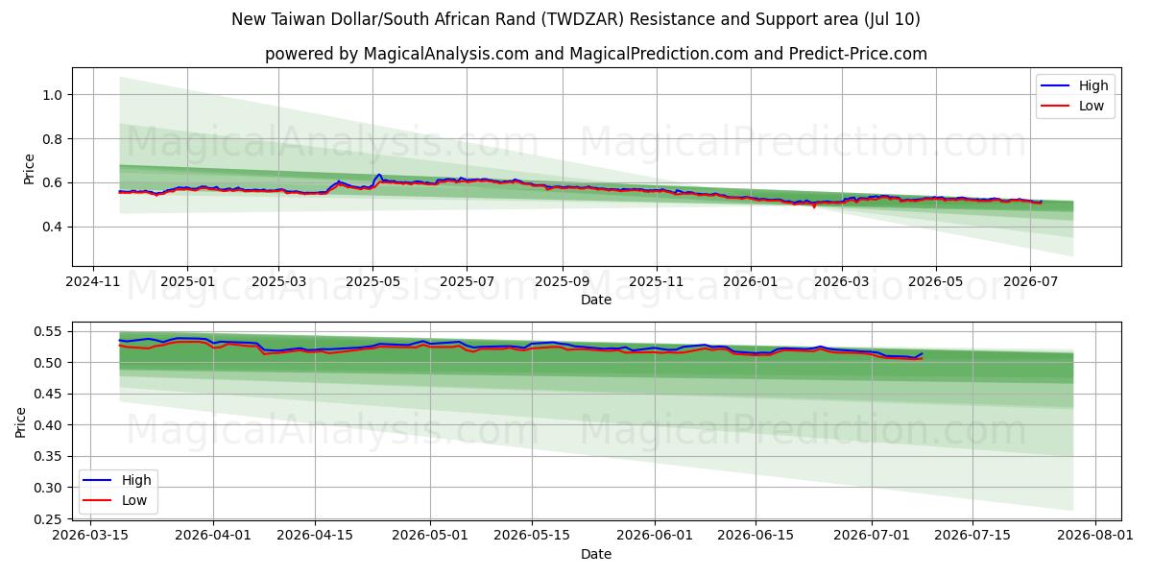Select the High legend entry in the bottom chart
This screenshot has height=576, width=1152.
(117, 480)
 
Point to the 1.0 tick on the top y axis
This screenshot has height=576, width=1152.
(52, 95)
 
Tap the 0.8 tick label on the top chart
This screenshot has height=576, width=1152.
(52, 139)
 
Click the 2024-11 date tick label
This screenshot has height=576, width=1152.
(93, 282)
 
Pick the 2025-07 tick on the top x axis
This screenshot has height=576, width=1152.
(467, 282)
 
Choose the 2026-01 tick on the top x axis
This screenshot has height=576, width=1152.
(751, 282)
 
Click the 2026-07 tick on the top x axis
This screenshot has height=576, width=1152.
(1031, 282)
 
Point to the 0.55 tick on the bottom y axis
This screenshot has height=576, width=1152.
(47, 332)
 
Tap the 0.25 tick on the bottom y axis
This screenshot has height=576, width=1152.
(47, 519)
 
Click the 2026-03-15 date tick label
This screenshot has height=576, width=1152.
(90, 536)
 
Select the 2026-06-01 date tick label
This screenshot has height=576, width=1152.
(655, 536)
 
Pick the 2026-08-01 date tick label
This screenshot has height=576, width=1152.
(1095, 536)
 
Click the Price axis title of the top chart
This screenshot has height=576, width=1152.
(29, 169)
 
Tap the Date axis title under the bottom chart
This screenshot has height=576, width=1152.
(596, 554)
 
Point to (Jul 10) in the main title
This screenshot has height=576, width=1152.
(892, 19)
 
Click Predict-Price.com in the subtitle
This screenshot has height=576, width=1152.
(858, 54)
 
